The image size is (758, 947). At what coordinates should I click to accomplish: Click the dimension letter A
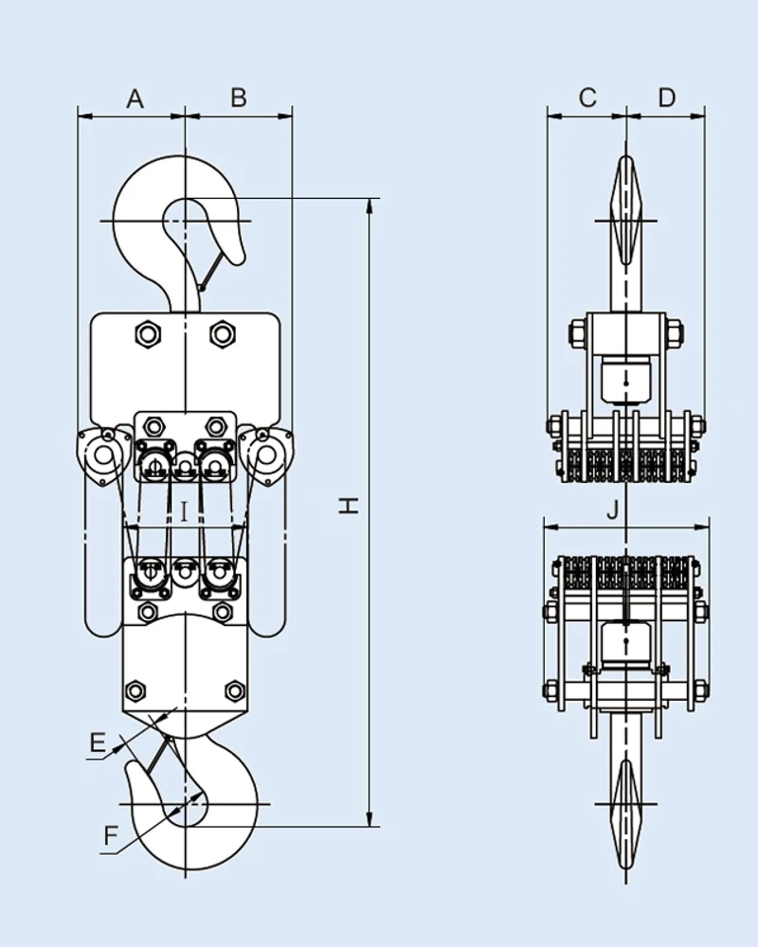[135, 98]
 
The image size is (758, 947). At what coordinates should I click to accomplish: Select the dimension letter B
[239, 98]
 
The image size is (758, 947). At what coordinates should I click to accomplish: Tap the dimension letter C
[587, 98]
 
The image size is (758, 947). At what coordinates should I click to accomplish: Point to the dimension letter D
[667, 98]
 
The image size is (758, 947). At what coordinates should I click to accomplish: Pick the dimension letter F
[111, 836]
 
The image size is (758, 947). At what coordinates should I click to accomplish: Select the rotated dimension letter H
[350, 507]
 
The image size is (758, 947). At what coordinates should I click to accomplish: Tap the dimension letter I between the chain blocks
[184, 512]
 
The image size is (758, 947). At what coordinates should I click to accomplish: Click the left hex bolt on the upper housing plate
[147, 333]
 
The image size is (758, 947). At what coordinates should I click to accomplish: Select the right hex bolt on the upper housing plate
[223, 333]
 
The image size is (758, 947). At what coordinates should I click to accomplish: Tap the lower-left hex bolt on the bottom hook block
[135, 690]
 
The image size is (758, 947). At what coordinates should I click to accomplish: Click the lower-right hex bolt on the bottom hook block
[235, 690]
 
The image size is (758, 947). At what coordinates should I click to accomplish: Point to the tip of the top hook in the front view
[240, 259]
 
